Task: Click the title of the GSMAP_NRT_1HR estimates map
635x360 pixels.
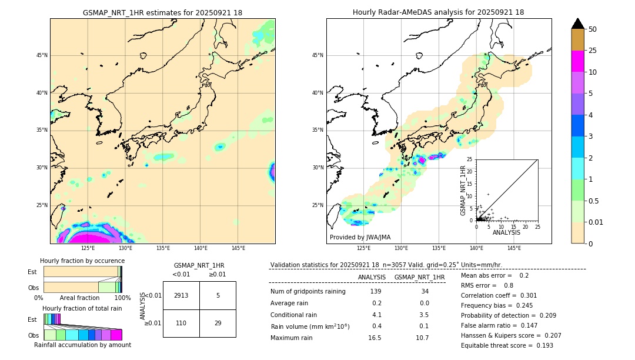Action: pos(162,12)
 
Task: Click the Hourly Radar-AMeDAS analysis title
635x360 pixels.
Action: pos(438,12)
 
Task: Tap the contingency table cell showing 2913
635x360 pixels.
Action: pos(181,295)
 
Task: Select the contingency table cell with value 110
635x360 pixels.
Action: pos(181,323)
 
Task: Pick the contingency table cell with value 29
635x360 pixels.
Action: pos(218,323)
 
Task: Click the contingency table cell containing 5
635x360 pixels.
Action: pos(218,295)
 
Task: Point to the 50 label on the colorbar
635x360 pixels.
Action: pos(593,29)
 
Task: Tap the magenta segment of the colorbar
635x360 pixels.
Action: pos(578,61)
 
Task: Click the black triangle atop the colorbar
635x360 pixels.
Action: pos(578,24)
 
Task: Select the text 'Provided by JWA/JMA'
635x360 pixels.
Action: pos(360,238)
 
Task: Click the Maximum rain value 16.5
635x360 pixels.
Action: pos(375,338)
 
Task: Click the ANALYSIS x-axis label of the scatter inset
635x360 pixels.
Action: pos(506,232)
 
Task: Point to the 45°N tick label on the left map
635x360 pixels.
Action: pos(42,55)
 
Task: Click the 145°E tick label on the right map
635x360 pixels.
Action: pos(514,248)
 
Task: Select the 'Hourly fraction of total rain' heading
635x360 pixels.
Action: pos(82,308)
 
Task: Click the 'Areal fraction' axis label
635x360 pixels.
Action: pos(79,298)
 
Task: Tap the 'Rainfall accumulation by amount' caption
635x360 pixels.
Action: pos(82,345)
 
